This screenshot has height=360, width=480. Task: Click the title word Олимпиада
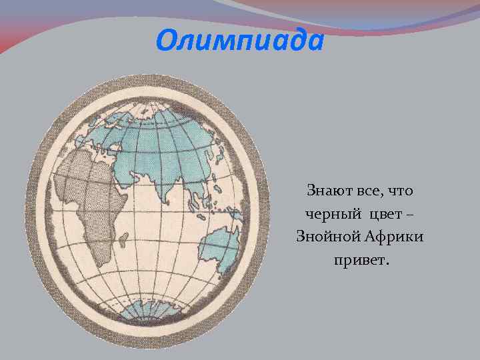pos(239,41)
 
